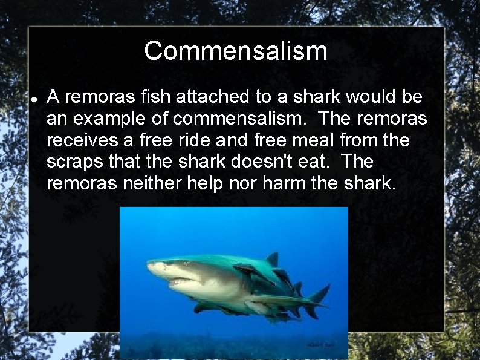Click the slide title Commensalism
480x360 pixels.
tap(236, 51)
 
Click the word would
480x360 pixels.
tap(362, 96)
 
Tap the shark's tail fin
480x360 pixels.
tap(317, 299)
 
